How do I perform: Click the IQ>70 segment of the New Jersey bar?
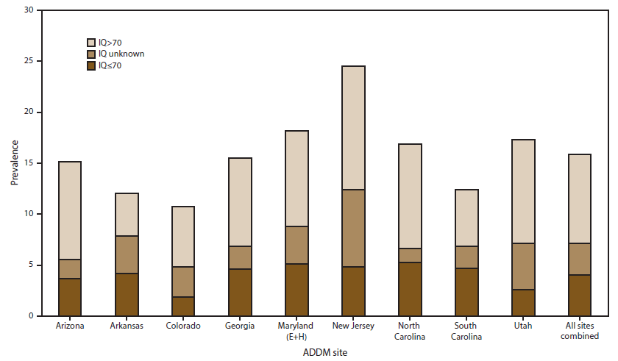pyautogui.click(x=353, y=128)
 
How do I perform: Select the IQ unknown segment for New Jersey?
pyautogui.click(x=353, y=228)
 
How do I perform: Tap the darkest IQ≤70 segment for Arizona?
pyautogui.click(x=70, y=297)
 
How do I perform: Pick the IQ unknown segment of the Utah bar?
pyautogui.click(x=523, y=266)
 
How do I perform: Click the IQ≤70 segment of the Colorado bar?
pyautogui.click(x=183, y=306)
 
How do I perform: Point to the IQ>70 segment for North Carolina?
pyautogui.click(x=410, y=196)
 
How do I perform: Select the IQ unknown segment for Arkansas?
pyautogui.click(x=127, y=254)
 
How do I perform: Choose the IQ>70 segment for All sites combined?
pyautogui.click(x=580, y=199)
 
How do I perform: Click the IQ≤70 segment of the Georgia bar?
pyautogui.click(x=240, y=292)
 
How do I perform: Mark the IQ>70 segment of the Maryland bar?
pyautogui.click(x=296, y=179)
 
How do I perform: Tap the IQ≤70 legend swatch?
pyautogui.click(x=91, y=66)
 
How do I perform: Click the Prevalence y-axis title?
pyautogui.click(x=14, y=163)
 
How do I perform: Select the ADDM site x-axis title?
pyautogui.click(x=324, y=353)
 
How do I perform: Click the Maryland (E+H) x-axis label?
pyautogui.click(x=296, y=331)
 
